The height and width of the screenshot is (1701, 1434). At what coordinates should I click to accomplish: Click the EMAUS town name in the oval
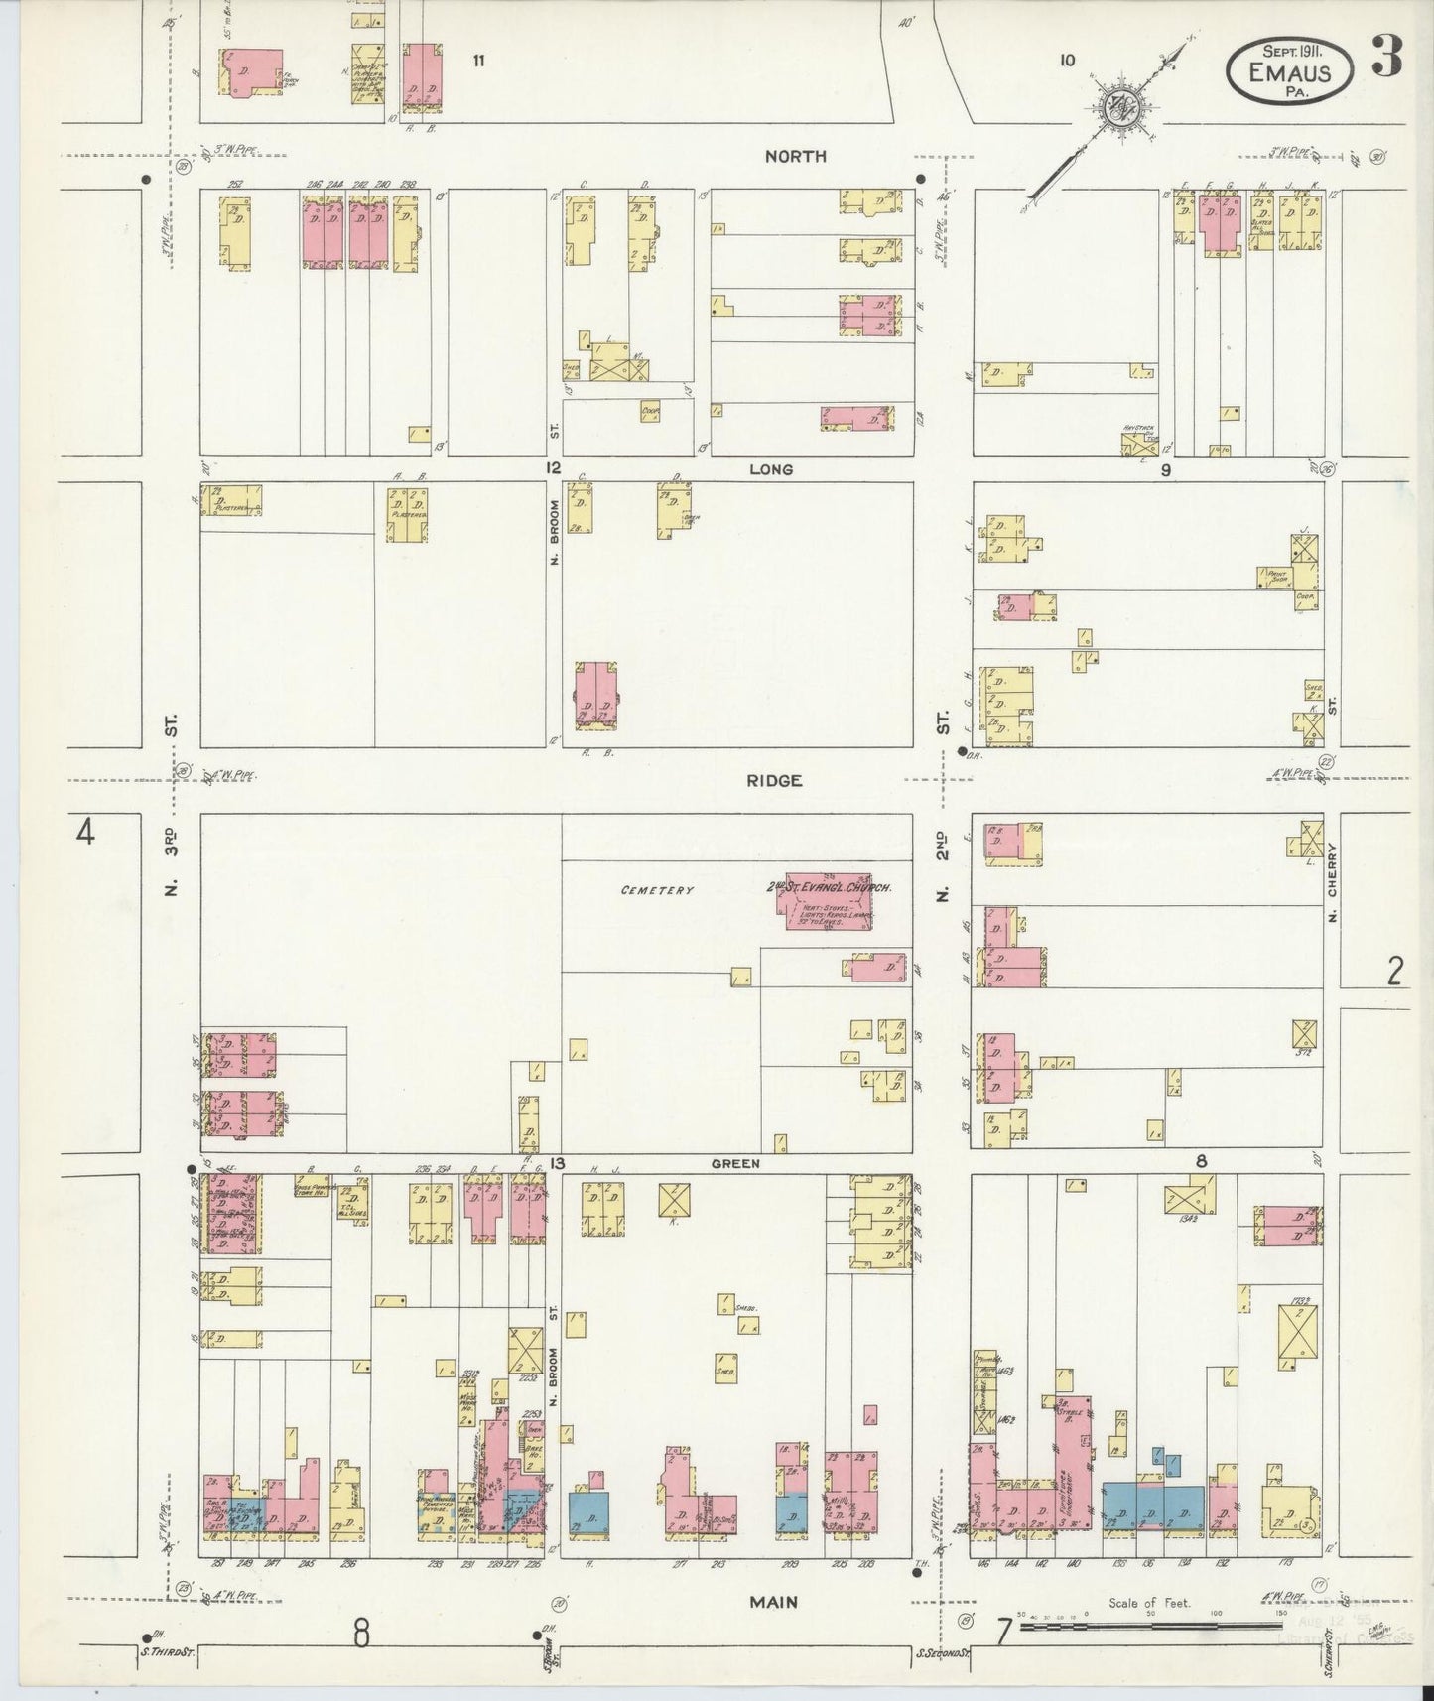click(x=1290, y=72)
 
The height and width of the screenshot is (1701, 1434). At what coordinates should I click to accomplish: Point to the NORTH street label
click(x=796, y=156)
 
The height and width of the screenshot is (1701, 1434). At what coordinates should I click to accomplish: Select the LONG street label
click(x=771, y=469)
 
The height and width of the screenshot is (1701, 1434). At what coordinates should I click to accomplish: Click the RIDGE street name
click(x=776, y=781)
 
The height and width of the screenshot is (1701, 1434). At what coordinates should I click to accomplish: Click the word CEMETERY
click(x=657, y=890)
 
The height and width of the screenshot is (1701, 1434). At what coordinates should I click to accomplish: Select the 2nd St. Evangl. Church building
click(x=830, y=901)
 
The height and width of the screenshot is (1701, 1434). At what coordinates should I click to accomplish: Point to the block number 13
click(x=558, y=1163)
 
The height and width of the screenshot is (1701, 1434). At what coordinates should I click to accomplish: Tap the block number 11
click(x=478, y=62)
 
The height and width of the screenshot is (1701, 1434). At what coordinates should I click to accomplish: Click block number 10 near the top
click(x=1066, y=61)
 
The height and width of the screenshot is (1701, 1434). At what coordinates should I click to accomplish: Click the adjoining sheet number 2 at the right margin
click(x=1394, y=972)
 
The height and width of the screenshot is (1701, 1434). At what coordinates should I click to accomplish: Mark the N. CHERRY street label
click(x=1333, y=883)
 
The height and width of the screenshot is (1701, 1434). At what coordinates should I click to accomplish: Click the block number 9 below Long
click(x=1167, y=470)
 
